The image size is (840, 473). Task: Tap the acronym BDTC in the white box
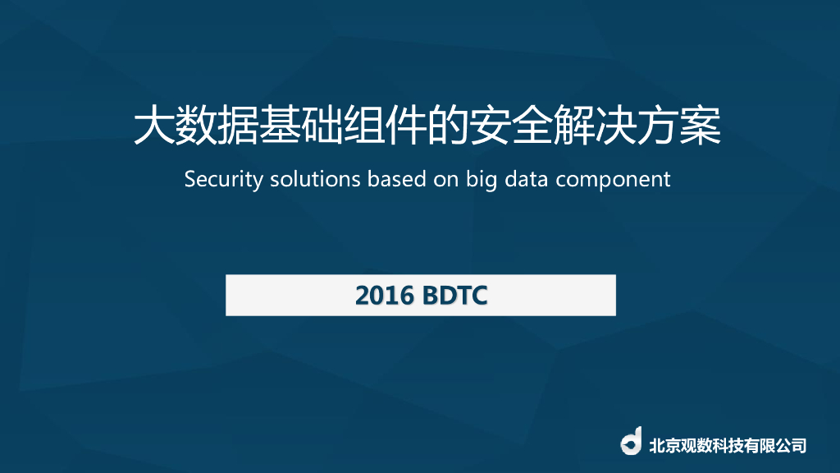[456, 296]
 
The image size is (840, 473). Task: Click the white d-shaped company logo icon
[631, 442]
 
